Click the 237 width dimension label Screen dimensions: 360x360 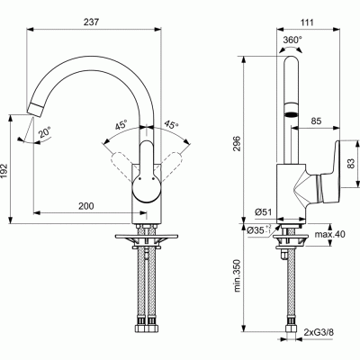(91, 22)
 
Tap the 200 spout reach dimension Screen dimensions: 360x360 (86, 206)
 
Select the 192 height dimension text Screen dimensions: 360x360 (4, 171)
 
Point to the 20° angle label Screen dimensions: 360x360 (45, 132)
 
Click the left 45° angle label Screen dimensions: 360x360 (121, 124)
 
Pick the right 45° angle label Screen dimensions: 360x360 (171, 125)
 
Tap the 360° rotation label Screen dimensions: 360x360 (292, 40)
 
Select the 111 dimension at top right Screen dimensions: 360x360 (306, 22)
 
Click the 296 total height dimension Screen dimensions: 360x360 (237, 144)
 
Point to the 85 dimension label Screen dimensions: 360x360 (316, 121)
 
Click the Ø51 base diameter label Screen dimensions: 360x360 (263, 212)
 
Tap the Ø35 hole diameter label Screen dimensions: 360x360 (259, 230)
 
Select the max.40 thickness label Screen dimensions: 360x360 (329, 234)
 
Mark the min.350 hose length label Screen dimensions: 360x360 (237, 275)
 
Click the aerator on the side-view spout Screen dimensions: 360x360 (291, 114)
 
